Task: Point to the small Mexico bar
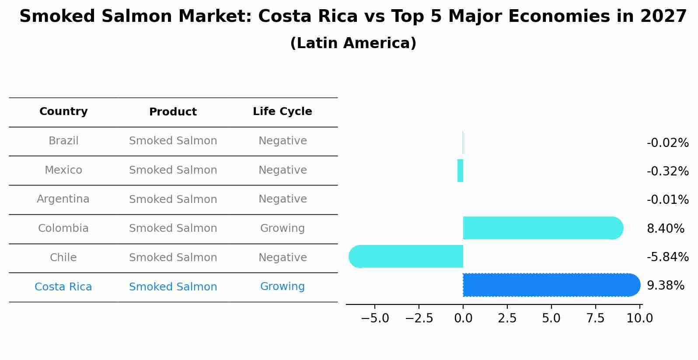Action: point(460,171)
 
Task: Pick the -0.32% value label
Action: point(667,171)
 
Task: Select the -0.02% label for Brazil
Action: point(667,143)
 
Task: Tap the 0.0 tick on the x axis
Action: point(463,318)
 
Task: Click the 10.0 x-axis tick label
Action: point(640,318)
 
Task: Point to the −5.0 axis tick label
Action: point(375,318)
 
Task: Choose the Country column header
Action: point(63,112)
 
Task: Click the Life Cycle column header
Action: point(283,112)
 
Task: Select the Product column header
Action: point(173,112)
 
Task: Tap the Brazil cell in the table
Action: point(63,141)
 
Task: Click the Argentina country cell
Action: point(63,199)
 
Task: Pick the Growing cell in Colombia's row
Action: point(283,228)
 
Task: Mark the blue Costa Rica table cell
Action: point(63,287)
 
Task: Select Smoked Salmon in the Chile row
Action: point(173,258)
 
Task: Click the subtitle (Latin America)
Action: point(353,43)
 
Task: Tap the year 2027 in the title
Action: point(663,17)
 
